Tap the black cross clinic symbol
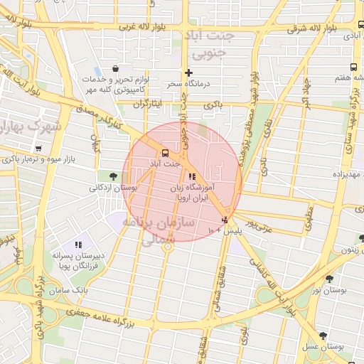188,73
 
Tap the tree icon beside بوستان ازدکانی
112,175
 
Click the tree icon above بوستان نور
328,279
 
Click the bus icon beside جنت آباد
165,152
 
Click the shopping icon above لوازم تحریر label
116,68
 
